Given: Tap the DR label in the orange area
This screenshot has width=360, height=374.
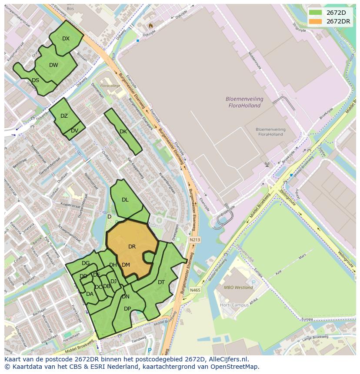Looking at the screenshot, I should pos(132,247).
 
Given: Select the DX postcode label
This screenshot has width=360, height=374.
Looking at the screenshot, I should pos(66,39).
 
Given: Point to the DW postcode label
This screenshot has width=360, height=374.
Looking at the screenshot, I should pos(53,65).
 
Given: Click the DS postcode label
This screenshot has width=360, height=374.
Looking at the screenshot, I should pos(35,80).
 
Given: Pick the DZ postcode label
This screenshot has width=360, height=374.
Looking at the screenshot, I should pos(64,116).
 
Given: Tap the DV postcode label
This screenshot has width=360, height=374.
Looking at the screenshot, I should pos(74,131).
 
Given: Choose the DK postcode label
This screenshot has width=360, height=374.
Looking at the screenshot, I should pos(123,132).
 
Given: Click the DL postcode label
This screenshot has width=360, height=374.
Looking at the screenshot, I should pos(125,200).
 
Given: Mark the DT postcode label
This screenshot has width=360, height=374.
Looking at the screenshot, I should pos(161,282).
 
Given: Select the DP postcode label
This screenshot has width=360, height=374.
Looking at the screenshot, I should pos(127,309).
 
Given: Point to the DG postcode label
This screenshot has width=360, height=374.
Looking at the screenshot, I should pos(86,263).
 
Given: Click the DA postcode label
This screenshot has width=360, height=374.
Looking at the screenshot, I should pos(90,294).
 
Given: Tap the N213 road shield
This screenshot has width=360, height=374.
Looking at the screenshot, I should pos(195,239).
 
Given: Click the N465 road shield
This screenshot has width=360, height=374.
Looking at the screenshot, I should pos(195,290).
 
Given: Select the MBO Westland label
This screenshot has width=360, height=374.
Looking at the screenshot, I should pos(238,288).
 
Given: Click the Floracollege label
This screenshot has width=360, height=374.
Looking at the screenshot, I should pos(110,86).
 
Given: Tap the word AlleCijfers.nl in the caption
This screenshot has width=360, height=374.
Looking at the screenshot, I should pos(227,359).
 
